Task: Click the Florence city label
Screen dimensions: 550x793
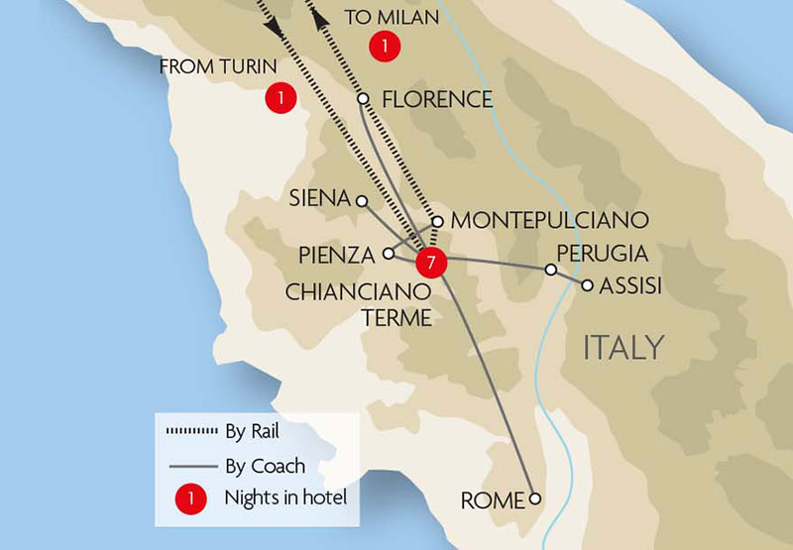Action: tap(436, 99)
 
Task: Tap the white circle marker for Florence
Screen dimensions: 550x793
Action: tap(363, 99)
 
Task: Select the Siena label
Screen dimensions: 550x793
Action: tap(319, 199)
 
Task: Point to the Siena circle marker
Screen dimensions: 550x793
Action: tap(362, 201)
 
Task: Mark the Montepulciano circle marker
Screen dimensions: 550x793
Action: tap(438, 221)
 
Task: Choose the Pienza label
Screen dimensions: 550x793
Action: tap(337, 256)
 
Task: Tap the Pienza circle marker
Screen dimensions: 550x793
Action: tap(389, 254)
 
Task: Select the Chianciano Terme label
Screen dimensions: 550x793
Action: tap(358, 304)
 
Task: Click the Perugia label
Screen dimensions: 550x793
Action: tap(602, 253)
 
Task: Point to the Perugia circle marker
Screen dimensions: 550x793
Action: tap(551, 269)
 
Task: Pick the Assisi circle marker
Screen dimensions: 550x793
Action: tap(588, 285)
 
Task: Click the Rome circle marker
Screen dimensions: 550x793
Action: tap(535, 498)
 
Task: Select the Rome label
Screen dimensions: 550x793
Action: tap(492, 500)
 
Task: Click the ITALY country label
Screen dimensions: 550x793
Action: tap(623, 348)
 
